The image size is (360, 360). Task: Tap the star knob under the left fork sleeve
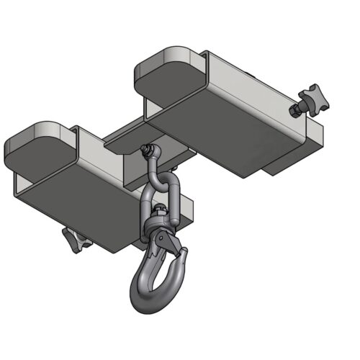point(76,238)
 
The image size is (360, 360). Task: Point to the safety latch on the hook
point(173,246)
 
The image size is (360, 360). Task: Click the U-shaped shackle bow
point(154,173)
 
